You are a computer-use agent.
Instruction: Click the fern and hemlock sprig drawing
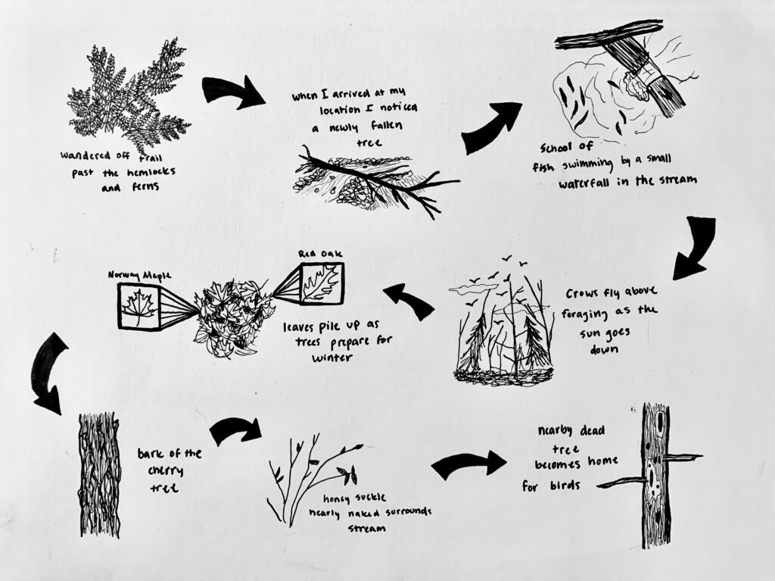(129, 94)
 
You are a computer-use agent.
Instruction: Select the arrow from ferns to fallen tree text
(232, 92)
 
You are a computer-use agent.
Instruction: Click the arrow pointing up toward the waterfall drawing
(490, 128)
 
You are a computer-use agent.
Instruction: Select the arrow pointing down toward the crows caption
(695, 248)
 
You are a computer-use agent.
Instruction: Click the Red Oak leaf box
(321, 283)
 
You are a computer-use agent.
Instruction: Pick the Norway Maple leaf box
(139, 306)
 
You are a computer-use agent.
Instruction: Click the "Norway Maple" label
(139, 275)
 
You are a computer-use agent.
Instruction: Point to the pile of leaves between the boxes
(233, 317)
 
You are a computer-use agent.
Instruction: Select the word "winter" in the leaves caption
(332, 357)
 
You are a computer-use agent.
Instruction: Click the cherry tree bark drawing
(100, 475)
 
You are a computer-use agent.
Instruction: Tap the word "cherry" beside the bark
(166, 471)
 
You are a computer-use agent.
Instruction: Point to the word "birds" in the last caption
(565, 486)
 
